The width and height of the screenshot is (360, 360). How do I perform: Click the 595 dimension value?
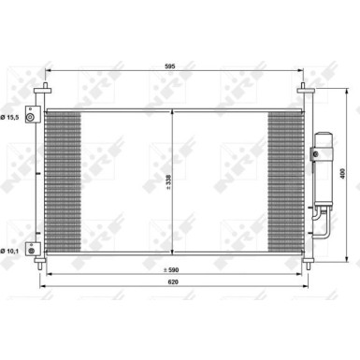170,67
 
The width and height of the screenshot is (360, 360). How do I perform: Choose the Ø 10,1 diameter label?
13,223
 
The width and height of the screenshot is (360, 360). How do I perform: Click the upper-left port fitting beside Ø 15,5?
34,116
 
